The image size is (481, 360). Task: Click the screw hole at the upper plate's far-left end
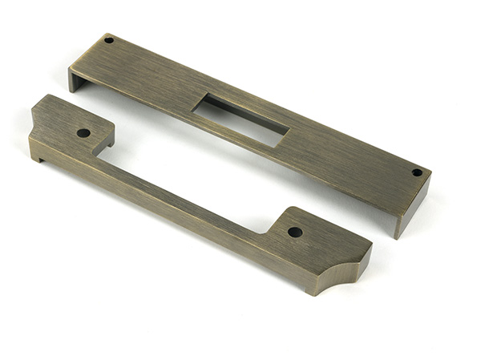(109, 39)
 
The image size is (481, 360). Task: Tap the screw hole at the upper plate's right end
(416, 172)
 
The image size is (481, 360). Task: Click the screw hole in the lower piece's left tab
(83, 132)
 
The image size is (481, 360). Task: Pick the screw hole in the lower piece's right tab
(295, 232)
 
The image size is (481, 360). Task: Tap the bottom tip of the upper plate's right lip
(397, 238)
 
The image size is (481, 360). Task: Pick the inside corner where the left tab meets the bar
(99, 155)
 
